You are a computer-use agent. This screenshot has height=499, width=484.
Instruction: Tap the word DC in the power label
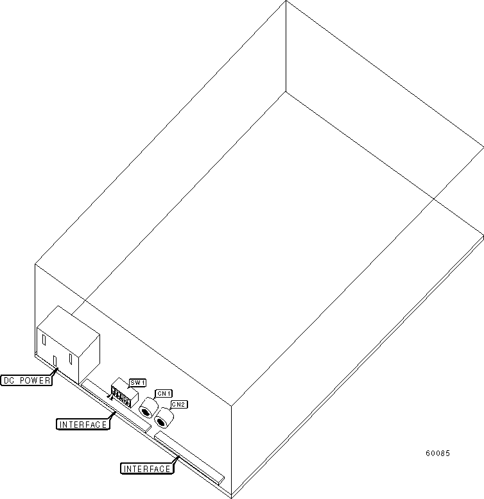(x=10, y=380)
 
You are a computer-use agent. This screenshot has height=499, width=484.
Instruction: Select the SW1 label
(x=137, y=383)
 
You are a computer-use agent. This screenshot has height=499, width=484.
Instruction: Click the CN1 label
(x=164, y=393)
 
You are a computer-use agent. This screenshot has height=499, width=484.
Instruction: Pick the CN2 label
(x=178, y=405)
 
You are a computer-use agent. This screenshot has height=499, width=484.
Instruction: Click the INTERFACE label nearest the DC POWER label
(x=82, y=424)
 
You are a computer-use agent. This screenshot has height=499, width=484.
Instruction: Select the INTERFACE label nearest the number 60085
(x=147, y=468)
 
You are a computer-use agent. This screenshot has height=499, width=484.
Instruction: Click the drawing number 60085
(x=438, y=453)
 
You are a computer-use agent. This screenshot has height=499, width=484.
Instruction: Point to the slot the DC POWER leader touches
(x=55, y=361)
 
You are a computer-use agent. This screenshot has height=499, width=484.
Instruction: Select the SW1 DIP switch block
(x=123, y=394)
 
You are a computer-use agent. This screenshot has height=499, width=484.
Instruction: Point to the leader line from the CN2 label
(x=172, y=409)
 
